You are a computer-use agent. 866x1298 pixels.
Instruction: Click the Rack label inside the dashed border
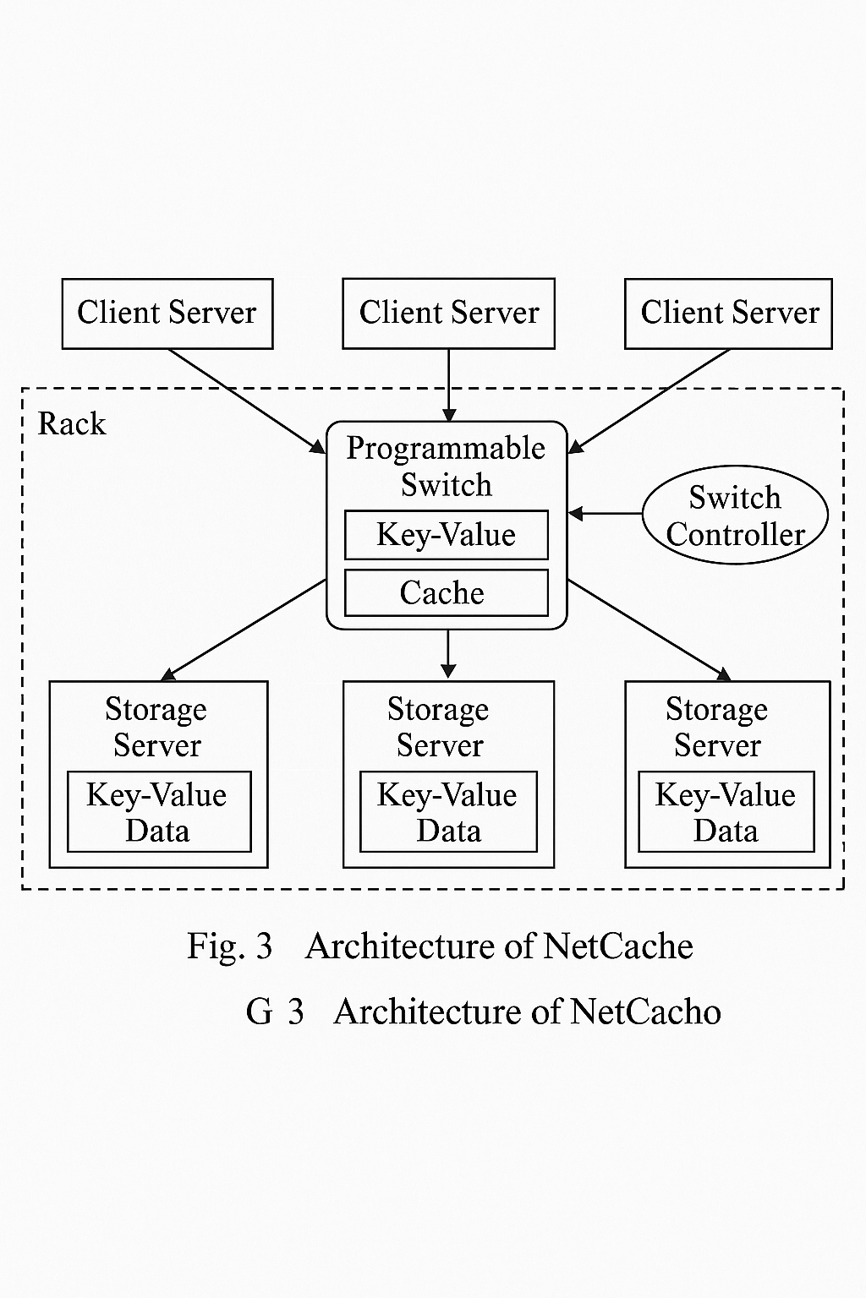click(72, 423)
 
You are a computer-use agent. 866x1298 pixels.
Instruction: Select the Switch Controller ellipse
click(734, 515)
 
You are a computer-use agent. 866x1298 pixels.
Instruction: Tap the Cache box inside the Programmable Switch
click(446, 592)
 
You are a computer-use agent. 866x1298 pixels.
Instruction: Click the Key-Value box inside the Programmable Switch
click(446, 535)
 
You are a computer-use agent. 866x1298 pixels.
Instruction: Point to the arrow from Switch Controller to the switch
click(606, 513)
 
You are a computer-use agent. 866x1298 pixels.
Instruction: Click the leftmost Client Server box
click(167, 314)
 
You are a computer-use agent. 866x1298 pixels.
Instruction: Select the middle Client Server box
click(448, 314)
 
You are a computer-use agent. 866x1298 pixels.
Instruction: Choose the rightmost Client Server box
click(728, 314)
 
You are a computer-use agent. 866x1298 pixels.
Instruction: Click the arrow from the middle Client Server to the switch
click(448, 384)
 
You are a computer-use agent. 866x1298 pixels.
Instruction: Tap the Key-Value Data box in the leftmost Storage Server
click(158, 812)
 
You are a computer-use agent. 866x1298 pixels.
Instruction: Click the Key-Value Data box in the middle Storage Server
click(448, 812)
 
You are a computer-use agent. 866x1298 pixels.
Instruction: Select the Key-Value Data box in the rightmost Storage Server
click(726, 812)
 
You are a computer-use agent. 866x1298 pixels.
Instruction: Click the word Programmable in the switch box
click(446, 448)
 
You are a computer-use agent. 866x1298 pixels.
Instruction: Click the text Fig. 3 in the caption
click(229, 946)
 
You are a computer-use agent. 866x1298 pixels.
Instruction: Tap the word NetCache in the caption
click(618, 946)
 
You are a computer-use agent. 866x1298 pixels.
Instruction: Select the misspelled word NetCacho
click(645, 1012)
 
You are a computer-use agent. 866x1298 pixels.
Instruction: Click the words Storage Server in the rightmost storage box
click(717, 727)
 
